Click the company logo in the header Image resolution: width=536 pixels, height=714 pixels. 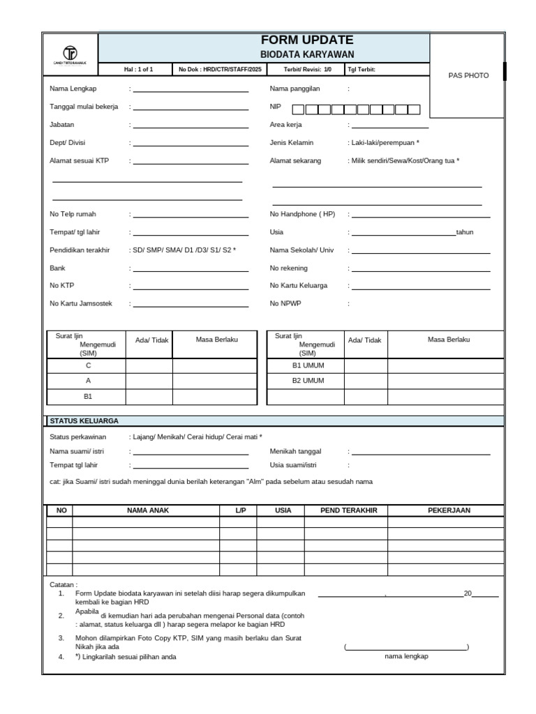[70, 54]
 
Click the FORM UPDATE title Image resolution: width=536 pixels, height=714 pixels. [307, 40]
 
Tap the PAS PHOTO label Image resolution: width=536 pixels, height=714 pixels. [468, 75]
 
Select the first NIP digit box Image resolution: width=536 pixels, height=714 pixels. [298, 109]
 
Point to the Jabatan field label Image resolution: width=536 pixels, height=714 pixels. [62, 125]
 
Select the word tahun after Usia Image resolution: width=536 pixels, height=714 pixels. [465, 232]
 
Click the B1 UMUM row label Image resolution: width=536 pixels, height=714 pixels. [308, 365]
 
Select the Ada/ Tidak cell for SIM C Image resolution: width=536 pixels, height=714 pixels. [149, 365]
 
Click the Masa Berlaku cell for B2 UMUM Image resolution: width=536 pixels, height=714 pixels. [445, 381]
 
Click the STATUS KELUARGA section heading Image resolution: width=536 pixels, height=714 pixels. [84, 420]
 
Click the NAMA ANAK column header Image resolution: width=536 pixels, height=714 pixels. [148, 510]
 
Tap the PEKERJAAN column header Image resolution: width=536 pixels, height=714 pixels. [449, 510]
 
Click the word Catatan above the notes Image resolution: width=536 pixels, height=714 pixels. [64, 584]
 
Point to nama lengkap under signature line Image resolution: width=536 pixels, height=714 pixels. [406, 656]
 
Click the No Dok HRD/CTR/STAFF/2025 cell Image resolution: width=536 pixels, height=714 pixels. [220, 70]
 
